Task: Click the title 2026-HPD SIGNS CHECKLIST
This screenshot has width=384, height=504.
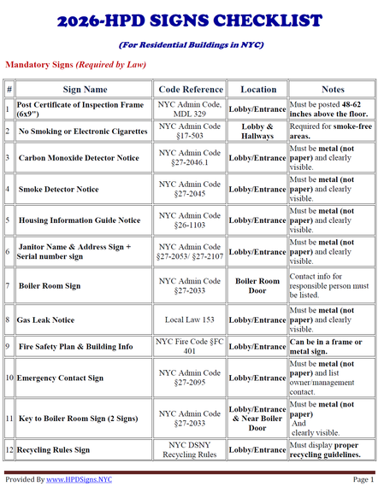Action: [192, 20]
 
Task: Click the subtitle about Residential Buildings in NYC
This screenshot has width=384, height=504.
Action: [192, 44]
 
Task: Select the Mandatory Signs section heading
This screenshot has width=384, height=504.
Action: [75, 64]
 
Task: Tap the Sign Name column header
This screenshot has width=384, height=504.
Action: [85, 89]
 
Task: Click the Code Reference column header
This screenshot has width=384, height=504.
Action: [190, 89]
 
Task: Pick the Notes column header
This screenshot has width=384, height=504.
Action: [333, 89]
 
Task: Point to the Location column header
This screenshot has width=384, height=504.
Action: [258, 89]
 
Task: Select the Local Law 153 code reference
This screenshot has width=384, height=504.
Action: [190, 320]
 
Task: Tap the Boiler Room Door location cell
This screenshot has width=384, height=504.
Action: [258, 286]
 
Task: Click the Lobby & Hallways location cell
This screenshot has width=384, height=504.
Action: [258, 132]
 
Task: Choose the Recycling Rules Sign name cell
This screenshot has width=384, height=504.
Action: [53, 450]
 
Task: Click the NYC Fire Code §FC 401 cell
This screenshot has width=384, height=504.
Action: [190, 348]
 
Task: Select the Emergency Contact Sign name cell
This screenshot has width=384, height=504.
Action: [61, 378]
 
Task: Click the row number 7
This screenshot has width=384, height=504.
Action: [9, 286]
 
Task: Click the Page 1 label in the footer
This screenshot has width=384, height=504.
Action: [362, 480]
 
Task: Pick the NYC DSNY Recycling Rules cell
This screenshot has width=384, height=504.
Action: [190, 450]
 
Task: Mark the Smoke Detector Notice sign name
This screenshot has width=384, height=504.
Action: [58, 190]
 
